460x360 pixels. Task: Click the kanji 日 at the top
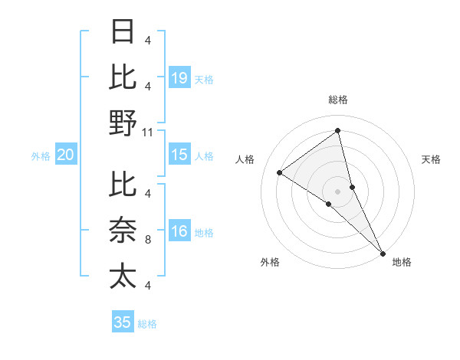tap(123, 32)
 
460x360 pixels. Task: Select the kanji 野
tap(123, 123)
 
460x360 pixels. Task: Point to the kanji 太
tap(123, 276)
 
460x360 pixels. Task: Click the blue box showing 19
tap(179, 77)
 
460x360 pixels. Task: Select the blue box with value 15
tap(179, 155)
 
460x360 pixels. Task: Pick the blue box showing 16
tap(179, 231)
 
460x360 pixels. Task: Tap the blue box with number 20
tap(65, 155)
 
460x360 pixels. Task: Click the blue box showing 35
tap(123, 322)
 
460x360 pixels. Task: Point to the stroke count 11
tap(148, 132)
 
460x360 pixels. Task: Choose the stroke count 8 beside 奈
tap(148, 239)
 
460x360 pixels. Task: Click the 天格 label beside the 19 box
tap(204, 79)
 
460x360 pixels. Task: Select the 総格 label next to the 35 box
tap(147, 324)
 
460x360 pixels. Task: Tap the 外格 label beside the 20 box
tap(41, 156)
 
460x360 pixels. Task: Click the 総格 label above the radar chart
tap(338, 100)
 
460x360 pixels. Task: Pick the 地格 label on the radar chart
tap(402, 262)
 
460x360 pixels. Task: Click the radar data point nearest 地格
tap(383, 252)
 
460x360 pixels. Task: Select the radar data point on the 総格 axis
tap(338, 130)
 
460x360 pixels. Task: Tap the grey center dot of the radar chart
tap(338, 190)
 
